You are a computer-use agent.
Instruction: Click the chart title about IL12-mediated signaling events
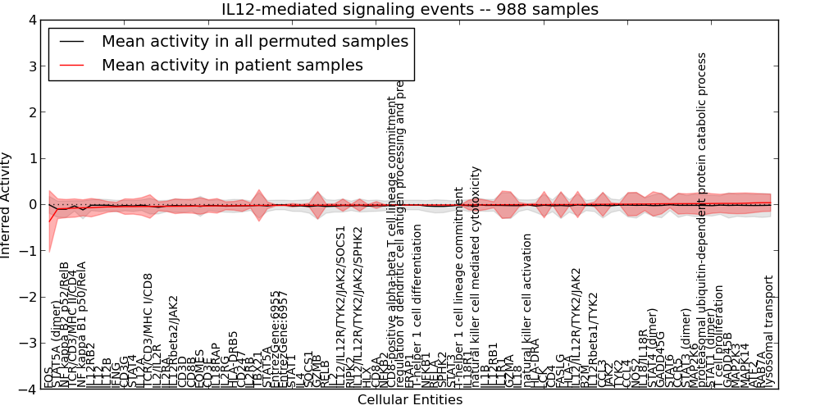410,9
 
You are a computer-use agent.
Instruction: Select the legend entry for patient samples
232,65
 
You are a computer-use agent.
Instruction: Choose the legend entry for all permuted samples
255,41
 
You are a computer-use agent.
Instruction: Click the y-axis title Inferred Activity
7,204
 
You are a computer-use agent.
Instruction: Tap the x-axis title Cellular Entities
410,400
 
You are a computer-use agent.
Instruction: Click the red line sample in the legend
73,65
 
